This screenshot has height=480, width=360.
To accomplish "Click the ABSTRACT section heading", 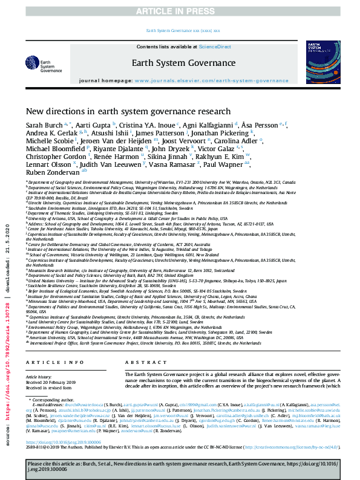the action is pyautogui.click(x=142, y=362).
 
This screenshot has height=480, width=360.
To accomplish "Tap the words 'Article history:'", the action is pyautogui.click(x=39, y=375).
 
